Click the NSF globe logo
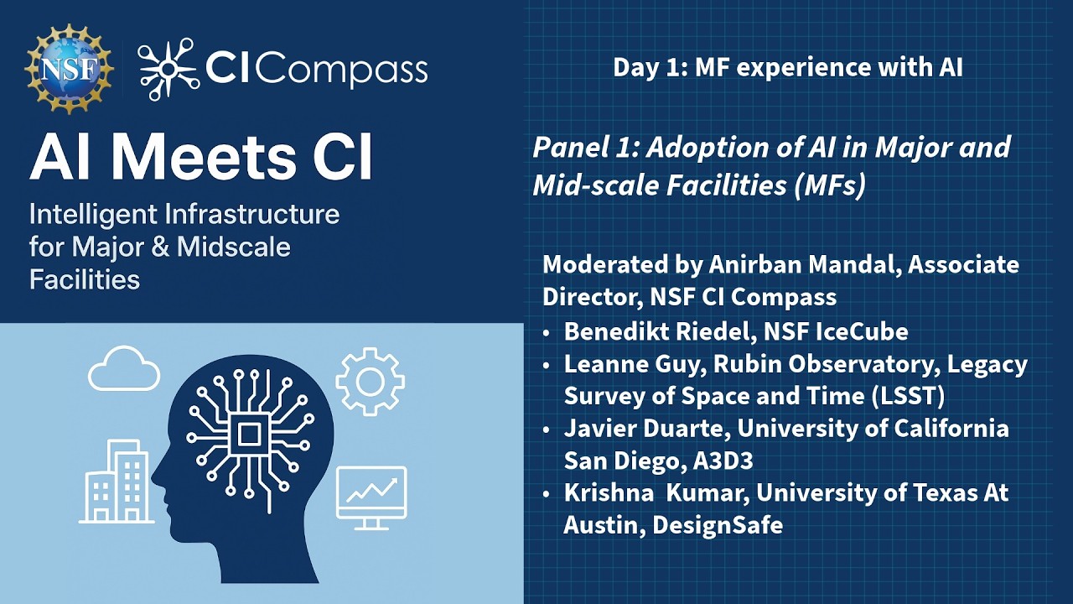point(69,70)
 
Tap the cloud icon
point(123,370)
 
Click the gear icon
point(370,382)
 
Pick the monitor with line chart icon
point(371,497)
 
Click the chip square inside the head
point(249,434)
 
